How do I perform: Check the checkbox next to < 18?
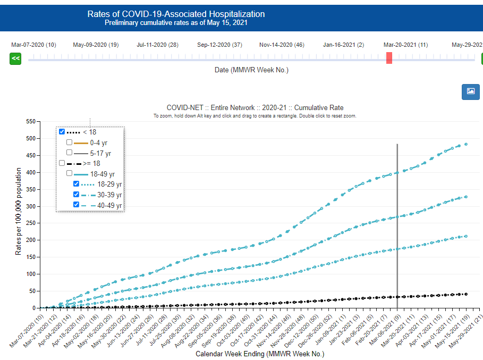62,132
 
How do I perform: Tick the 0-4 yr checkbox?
69,143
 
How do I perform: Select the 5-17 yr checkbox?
69,153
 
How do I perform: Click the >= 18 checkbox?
62,163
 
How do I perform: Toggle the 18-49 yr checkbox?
69,173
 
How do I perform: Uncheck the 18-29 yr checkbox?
76,184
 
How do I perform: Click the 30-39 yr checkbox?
76,194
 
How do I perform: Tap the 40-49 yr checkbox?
76,205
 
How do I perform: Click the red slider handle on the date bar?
389,58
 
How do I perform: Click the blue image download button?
470,91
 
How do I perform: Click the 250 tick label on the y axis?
30,223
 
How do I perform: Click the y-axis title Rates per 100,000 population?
18,211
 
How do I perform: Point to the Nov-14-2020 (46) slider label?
282,45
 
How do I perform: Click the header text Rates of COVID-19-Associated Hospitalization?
176,14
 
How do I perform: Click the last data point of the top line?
466,144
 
